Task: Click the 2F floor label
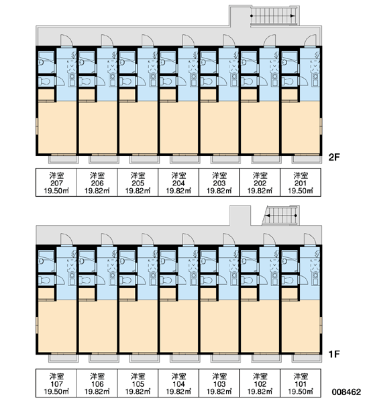pyautogui.click(x=334, y=157)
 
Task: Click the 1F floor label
pyautogui.click(x=334, y=355)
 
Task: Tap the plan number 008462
pyautogui.click(x=346, y=392)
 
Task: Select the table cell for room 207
pyautogui.click(x=56, y=183)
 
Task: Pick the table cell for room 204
pyautogui.click(x=178, y=183)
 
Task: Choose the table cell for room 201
pyautogui.click(x=301, y=183)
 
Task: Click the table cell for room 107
pyautogui.click(x=56, y=384)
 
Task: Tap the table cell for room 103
pyautogui.click(x=219, y=384)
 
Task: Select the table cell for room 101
pyautogui.click(x=301, y=384)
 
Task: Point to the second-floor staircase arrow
pyautogui.click(x=273, y=16)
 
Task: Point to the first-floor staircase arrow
pyautogui.click(x=281, y=216)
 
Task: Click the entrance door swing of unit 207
pyautogui.click(x=66, y=40)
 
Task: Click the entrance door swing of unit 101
pyautogui.click(x=311, y=240)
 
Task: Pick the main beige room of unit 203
pyautogui.click(x=219, y=128)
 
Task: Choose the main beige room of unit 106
pyautogui.click(x=97, y=326)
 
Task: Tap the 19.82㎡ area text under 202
pyautogui.click(x=260, y=191)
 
